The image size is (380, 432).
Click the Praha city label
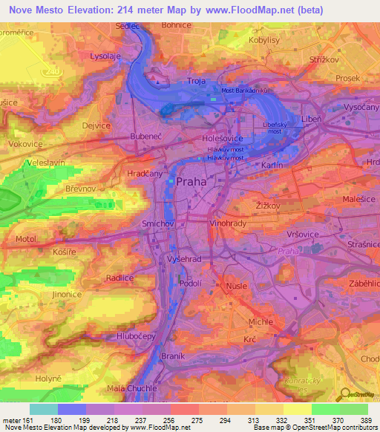point(192,181)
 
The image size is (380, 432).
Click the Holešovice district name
point(223,138)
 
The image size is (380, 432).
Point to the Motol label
point(25,240)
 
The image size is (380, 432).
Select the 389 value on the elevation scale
point(367,420)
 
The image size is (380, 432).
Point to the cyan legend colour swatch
point(44,409)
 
